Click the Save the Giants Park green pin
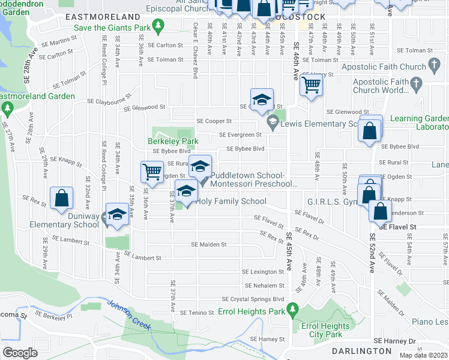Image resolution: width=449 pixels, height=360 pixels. click(x=158, y=25)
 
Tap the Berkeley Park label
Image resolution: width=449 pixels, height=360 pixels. click(x=164, y=142)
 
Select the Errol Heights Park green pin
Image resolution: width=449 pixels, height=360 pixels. click(x=293, y=310)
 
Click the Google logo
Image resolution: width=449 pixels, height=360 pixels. click(x=20, y=353)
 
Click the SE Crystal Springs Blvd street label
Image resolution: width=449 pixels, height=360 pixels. click(x=252, y=299)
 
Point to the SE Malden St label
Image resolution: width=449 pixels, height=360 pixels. click(x=208, y=244)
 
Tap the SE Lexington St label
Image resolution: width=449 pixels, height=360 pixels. click(x=264, y=272)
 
